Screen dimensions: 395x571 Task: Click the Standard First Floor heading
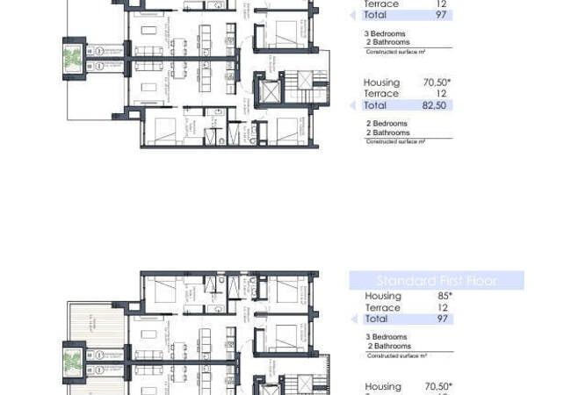pyautogui.click(x=437, y=281)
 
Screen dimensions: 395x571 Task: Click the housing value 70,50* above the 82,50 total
pyautogui.click(x=437, y=83)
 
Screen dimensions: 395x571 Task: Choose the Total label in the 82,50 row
pyautogui.click(x=375, y=105)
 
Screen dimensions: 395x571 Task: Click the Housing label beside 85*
pyautogui.click(x=382, y=297)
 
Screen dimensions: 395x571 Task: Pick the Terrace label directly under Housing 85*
pyautogui.click(x=382, y=308)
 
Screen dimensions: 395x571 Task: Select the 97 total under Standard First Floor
pyautogui.click(x=443, y=319)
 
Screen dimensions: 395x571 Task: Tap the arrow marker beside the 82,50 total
pyautogui.click(x=353, y=105)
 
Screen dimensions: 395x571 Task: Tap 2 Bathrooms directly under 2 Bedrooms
pyautogui.click(x=387, y=133)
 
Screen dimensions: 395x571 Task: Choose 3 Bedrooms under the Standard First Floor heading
pyautogui.click(x=386, y=337)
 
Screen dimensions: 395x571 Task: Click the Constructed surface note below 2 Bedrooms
pyautogui.click(x=395, y=141)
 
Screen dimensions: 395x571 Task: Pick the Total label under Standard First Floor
pyautogui.click(x=376, y=319)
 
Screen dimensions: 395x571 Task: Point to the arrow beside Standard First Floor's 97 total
pyautogui.click(x=353, y=319)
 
